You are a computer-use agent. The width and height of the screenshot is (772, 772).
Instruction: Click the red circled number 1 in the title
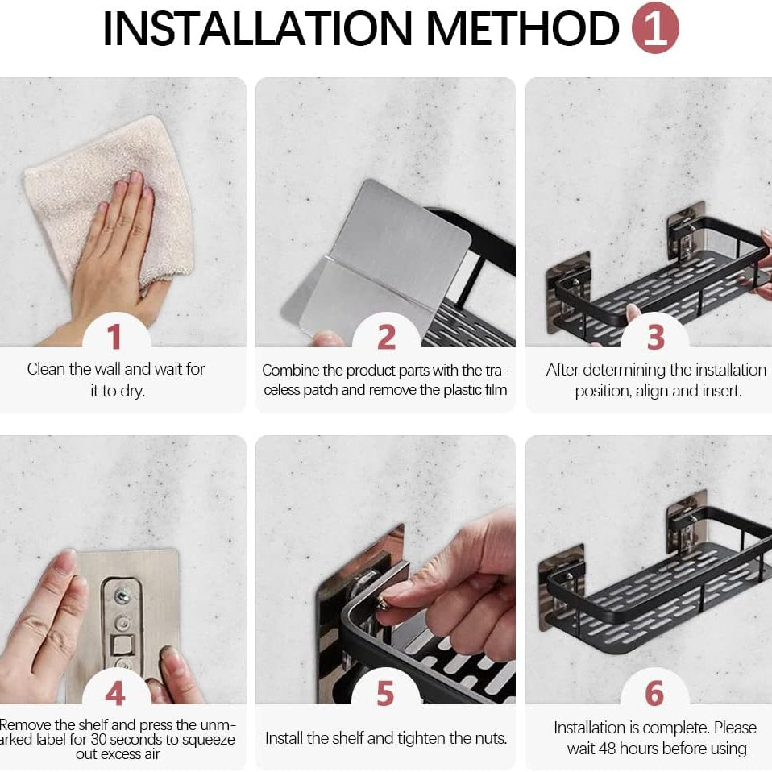coord(655,27)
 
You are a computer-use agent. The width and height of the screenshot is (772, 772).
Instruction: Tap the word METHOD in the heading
coord(523,28)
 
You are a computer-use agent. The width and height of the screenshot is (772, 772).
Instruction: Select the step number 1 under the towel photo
coord(114,337)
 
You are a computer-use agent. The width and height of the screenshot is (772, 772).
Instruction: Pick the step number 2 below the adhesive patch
coord(387,337)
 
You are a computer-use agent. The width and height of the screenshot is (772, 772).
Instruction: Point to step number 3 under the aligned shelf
coord(655,337)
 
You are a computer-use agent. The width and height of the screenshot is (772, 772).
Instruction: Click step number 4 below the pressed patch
coord(115,694)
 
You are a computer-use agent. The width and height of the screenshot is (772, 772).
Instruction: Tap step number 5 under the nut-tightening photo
coord(385,694)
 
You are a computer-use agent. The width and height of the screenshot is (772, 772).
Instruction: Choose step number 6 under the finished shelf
coord(655,694)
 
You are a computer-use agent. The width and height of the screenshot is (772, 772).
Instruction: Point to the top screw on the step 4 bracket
coord(121,596)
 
